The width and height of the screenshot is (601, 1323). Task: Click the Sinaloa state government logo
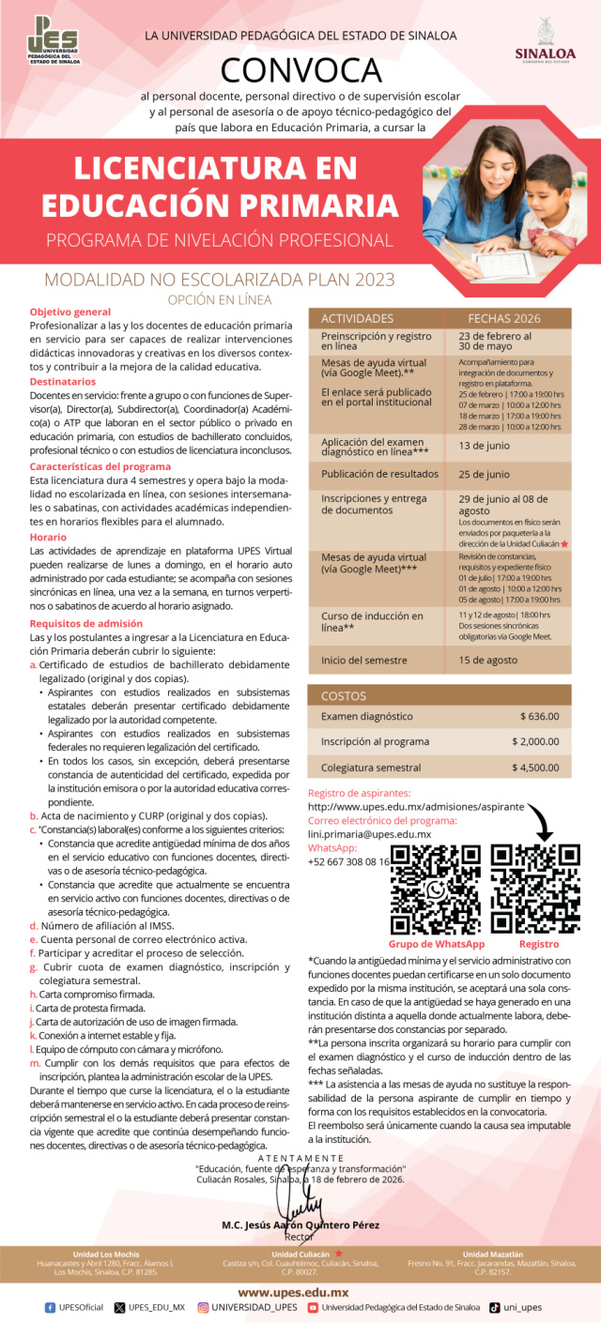(546, 41)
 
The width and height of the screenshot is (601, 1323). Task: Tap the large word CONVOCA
(300, 70)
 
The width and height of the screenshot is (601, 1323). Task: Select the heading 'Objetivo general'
(70, 311)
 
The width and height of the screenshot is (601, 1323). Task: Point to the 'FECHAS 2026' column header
(504, 318)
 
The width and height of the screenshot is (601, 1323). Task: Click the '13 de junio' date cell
(484, 446)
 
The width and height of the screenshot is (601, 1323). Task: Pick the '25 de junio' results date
(484, 474)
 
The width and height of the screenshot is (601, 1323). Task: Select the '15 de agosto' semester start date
(488, 660)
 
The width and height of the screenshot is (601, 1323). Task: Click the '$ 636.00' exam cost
(539, 716)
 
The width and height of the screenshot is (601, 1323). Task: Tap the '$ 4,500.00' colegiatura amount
(535, 767)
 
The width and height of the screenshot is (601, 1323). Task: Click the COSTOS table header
(344, 696)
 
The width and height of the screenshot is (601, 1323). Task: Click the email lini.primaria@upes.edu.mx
(369, 833)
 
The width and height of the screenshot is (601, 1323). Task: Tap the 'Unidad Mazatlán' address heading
(499, 1254)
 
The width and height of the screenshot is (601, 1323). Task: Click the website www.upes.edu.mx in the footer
(300, 1292)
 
